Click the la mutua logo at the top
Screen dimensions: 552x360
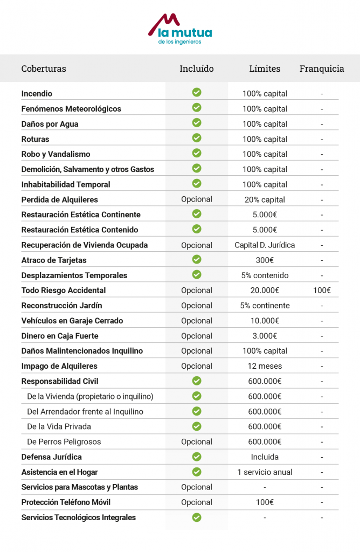tap(180, 29)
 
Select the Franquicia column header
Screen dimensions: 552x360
tap(322, 68)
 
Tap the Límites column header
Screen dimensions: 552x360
tap(265, 68)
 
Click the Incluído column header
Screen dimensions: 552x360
tap(197, 68)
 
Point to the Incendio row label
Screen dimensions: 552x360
tap(37, 94)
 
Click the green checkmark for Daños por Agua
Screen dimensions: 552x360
tap(197, 123)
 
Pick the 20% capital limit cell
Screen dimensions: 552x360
tap(265, 199)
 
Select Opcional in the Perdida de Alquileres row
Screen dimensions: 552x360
tap(197, 199)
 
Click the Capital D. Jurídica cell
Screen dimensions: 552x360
tap(265, 245)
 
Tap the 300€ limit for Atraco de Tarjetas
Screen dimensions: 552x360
tap(265, 260)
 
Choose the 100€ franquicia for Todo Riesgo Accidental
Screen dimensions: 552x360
tap(322, 291)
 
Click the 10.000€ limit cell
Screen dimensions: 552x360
tap(265, 321)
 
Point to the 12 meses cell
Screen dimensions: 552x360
tap(265, 366)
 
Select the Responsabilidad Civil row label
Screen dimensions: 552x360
tap(59, 381)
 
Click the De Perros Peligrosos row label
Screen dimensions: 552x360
tap(64, 442)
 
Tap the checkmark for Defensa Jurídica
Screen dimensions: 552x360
tap(197, 457)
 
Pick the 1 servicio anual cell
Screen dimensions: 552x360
tap(265, 472)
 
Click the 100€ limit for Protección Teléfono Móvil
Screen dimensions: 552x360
tap(265, 502)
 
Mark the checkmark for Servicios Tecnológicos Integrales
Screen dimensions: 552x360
tap(197, 517)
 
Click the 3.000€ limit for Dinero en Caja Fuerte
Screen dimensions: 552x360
tap(265, 336)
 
